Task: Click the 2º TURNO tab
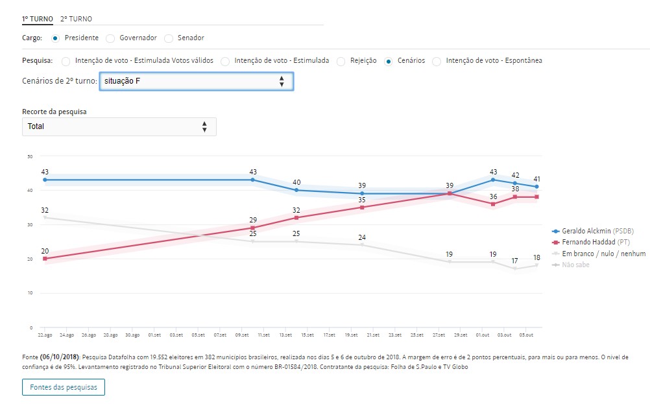point(76,19)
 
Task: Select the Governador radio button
point(110,38)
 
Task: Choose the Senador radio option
point(169,38)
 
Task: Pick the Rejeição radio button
point(341,61)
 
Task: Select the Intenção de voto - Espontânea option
point(437,61)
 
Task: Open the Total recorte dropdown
point(119,126)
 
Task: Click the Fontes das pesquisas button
point(64,387)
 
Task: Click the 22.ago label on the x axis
point(44,335)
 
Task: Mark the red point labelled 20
point(45,259)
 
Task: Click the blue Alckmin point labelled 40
point(296,190)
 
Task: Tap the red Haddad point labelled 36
point(493,204)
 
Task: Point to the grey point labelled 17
point(515,268)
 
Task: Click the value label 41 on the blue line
point(537,179)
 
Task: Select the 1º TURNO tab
point(38,19)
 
